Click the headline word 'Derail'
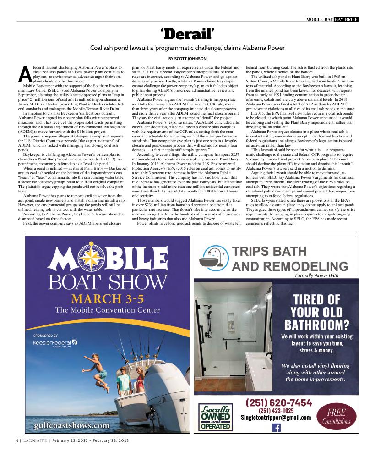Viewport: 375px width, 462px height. pyautogui.click(x=188, y=33)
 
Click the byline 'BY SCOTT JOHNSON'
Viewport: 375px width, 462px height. pyautogui.click(x=188, y=58)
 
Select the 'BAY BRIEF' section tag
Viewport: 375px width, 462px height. pyautogui.click(x=346, y=19)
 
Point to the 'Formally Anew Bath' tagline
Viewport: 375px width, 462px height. pyautogui.click(x=317, y=275)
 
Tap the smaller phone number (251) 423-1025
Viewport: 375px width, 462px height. pyautogui.click(x=277, y=410)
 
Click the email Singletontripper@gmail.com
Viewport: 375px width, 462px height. pyautogui.click(x=276, y=418)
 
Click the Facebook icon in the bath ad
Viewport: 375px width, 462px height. pyautogui.click(x=276, y=428)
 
